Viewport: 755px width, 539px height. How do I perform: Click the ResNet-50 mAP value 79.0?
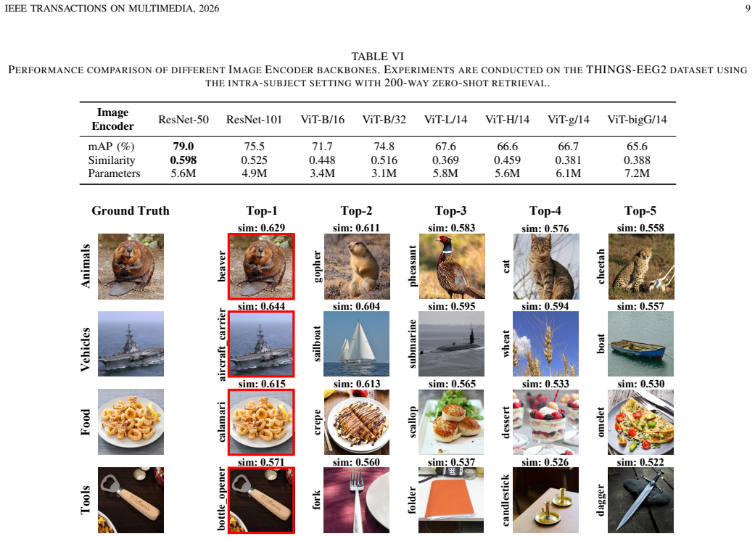point(183,147)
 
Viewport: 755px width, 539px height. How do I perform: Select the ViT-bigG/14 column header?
point(637,120)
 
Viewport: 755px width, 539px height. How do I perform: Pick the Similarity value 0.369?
point(445,160)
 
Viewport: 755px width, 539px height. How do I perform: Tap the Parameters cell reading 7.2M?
point(637,173)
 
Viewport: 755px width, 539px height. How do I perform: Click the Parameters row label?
point(114,173)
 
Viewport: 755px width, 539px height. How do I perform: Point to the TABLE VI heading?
point(377,57)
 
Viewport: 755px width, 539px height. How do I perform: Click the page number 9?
point(748,8)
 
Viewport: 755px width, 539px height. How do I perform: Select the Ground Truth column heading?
point(131,210)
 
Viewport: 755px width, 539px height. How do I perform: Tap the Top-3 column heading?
point(450,210)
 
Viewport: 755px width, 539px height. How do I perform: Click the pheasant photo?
point(452,266)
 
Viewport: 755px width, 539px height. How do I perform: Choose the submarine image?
point(451,344)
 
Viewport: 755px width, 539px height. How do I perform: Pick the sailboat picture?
point(356,344)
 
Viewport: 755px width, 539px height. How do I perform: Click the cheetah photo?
point(641,266)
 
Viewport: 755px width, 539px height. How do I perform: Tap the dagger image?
point(641,500)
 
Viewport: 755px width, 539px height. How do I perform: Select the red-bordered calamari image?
point(261,422)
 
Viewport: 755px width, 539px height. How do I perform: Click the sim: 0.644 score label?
point(261,306)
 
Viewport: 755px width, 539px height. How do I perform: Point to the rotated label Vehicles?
point(86,349)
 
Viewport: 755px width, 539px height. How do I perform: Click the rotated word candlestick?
point(506,500)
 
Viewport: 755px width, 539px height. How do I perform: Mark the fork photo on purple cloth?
point(356,500)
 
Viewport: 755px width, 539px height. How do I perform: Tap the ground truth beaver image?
point(131,266)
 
